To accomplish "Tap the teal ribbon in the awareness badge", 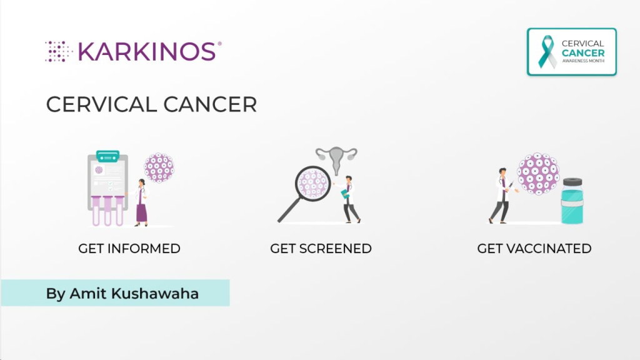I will pos(546,52).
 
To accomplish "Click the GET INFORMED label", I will pos(129,248).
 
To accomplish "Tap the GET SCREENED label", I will pos(321,248).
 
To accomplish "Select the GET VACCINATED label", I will pos(534,248).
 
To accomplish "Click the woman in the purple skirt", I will pos(141,202).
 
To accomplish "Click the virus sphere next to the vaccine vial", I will pos(537,174).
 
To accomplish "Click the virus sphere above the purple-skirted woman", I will pos(159,167).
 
